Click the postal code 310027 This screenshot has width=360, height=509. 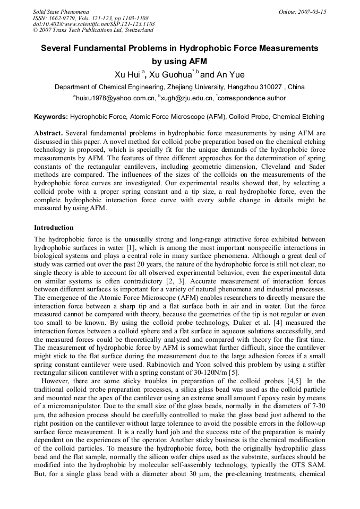(x=269, y=87)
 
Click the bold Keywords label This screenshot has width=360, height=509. (x=51, y=116)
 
